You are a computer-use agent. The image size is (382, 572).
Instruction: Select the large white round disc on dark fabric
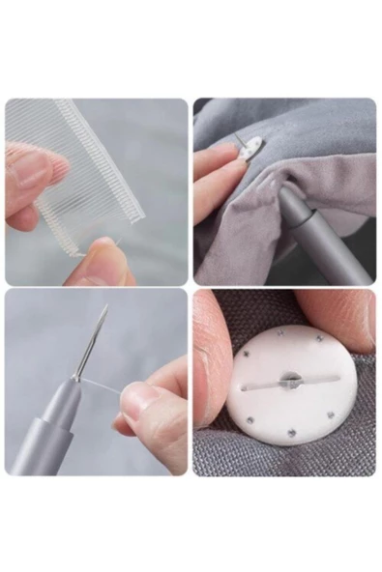click(290, 406)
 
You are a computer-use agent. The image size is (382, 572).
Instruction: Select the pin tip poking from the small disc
click(238, 139)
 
